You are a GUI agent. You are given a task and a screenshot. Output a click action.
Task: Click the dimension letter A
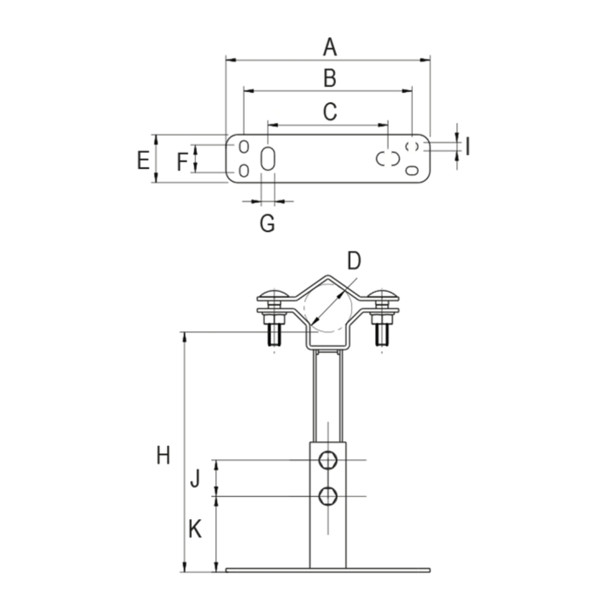tap(330, 47)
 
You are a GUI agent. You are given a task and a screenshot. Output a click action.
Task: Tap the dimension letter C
tap(330, 111)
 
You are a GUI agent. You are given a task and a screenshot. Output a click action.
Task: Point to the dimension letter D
tap(354, 261)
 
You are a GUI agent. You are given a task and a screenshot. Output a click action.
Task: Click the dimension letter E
tap(143, 160)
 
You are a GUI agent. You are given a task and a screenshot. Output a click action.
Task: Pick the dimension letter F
tap(182, 162)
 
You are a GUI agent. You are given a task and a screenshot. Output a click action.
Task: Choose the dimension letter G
tap(267, 223)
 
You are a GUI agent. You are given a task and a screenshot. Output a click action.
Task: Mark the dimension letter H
tap(163, 455)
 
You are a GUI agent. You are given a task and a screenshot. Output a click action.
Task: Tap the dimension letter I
tap(468, 146)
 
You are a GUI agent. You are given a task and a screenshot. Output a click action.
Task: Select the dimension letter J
tap(195, 478)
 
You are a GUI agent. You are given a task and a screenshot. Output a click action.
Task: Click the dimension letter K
tap(195, 529)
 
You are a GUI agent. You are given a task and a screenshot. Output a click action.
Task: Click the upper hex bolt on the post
tap(328, 461)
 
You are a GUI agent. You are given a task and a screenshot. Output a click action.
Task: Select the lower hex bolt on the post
tap(328, 496)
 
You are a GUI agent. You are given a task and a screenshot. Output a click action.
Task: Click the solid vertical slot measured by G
tap(268, 159)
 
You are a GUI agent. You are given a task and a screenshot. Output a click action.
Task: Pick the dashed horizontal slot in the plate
tap(388, 159)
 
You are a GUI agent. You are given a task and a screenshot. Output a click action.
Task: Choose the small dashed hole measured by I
tap(412, 146)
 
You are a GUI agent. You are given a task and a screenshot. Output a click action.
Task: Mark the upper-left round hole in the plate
tap(244, 146)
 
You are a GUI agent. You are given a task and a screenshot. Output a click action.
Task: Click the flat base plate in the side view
tap(328, 570)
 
